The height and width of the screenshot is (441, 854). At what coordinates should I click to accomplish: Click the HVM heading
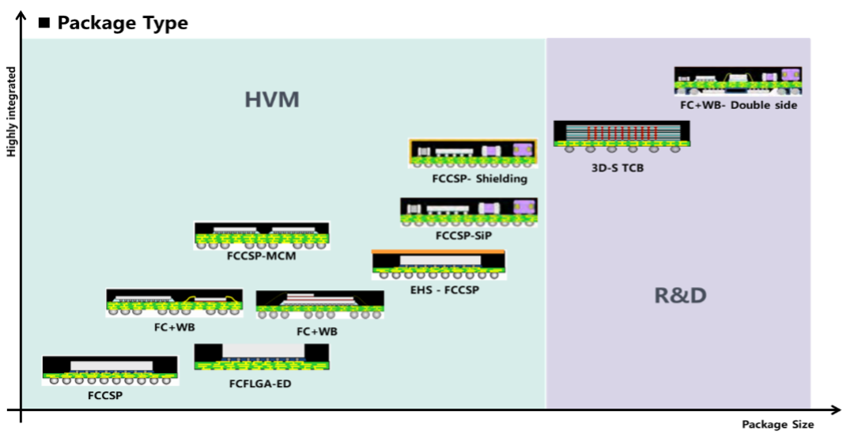click(271, 100)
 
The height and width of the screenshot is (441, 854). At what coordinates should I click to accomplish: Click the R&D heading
click(679, 296)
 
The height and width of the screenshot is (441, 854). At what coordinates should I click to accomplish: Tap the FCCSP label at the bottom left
click(105, 395)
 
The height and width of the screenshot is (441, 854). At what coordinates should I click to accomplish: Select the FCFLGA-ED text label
click(260, 384)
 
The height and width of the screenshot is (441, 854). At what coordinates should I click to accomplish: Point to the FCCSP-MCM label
click(262, 258)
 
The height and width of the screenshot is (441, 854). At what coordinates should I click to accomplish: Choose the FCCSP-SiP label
click(467, 236)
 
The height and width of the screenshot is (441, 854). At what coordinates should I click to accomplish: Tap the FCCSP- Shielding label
click(479, 179)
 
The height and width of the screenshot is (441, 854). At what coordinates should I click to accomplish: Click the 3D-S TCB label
click(618, 168)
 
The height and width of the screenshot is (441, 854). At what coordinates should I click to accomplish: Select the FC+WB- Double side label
click(739, 105)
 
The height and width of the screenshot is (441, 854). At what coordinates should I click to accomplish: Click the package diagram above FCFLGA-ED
click(262, 356)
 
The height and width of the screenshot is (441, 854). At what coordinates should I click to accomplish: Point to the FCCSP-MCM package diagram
click(262, 236)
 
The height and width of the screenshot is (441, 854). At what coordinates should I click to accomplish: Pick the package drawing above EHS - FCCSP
click(439, 265)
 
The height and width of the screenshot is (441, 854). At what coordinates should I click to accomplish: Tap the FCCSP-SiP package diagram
click(468, 212)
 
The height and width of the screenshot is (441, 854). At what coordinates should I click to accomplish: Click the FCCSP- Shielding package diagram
click(473, 153)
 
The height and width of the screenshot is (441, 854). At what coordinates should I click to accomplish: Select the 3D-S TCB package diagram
click(622, 135)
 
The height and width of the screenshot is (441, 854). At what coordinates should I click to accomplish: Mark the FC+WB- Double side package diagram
click(738, 81)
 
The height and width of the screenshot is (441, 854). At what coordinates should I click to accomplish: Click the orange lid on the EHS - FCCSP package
click(439, 252)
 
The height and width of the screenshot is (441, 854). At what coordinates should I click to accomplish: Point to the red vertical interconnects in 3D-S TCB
click(622, 132)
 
